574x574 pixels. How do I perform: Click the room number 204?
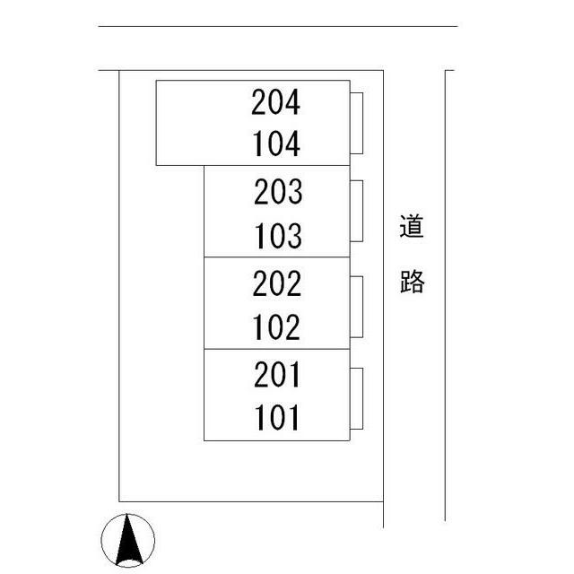pos(275,102)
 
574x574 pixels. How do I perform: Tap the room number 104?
pos(276,143)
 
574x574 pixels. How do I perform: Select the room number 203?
pos(278,191)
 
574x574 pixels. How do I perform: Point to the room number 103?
pos(279,236)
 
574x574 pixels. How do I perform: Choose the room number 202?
pos(277,283)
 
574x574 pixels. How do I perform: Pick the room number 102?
pos(276,326)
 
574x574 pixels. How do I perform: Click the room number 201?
pos(277,374)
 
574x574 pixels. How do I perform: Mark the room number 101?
pos(277,417)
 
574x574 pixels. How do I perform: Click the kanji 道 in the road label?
pos(412,226)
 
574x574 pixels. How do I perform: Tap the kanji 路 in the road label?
pos(413,281)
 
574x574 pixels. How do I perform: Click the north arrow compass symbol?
pos(127,540)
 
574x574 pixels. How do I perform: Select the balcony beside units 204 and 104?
pos(357,123)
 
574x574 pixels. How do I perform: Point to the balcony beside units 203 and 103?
pos(357,211)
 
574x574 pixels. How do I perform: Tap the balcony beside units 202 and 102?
pos(357,307)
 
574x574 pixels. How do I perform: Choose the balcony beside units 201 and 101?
pos(357,398)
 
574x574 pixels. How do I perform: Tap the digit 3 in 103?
pos(294,236)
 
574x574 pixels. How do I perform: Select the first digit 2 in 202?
pos(260,283)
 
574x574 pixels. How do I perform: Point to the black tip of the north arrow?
pos(127,514)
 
